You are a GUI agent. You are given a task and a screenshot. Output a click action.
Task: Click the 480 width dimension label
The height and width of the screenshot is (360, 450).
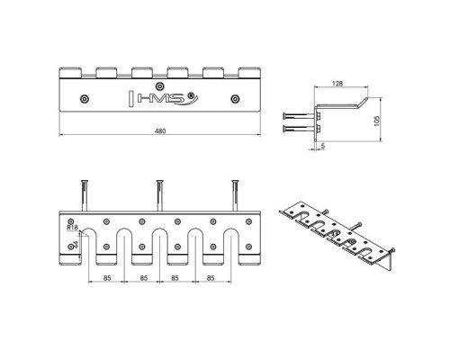coord(160,131)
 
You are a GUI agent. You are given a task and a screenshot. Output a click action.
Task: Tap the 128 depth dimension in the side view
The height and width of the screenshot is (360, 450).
coord(337,84)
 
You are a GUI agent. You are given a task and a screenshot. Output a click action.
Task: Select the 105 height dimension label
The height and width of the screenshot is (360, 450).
coord(377,121)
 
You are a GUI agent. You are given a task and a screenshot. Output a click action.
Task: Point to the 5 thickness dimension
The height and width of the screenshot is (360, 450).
coord(323,147)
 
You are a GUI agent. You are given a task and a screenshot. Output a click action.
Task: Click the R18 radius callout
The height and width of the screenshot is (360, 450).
coord(72,228)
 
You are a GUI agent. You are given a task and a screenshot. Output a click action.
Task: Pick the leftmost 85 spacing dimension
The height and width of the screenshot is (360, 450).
coord(107,278)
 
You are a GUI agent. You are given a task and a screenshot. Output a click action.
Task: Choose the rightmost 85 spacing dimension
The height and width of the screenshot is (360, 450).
coord(211,278)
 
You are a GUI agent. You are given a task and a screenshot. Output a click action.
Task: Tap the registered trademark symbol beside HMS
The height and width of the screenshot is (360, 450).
coord(190,95)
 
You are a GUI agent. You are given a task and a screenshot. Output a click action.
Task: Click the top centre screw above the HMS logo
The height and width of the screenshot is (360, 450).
coord(159,86)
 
